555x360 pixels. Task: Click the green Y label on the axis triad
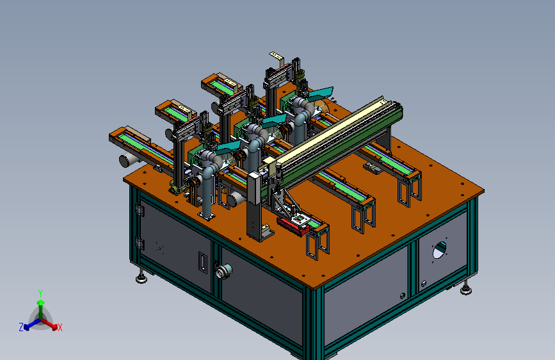(x=40, y=293)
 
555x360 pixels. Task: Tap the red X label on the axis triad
(x=60, y=327)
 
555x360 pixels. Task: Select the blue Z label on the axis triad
(x=21, y=327)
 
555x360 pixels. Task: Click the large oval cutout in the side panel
(x=439, y=250)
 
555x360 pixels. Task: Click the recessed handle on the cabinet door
(x=202, y=263)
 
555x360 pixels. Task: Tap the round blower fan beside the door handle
(x=223, y=272)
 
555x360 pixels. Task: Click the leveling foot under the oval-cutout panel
(x=466, y=288)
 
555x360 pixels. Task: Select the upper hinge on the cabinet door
(x=140, y=209)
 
